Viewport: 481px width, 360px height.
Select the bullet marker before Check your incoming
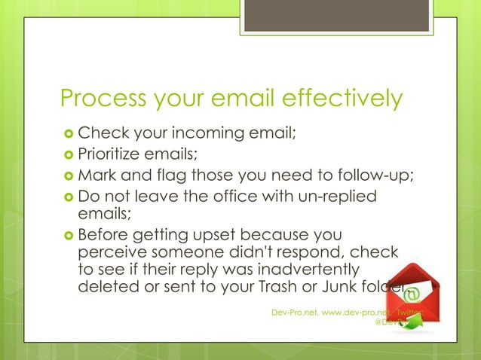[68, 135]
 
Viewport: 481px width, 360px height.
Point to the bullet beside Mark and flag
[68, 177]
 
